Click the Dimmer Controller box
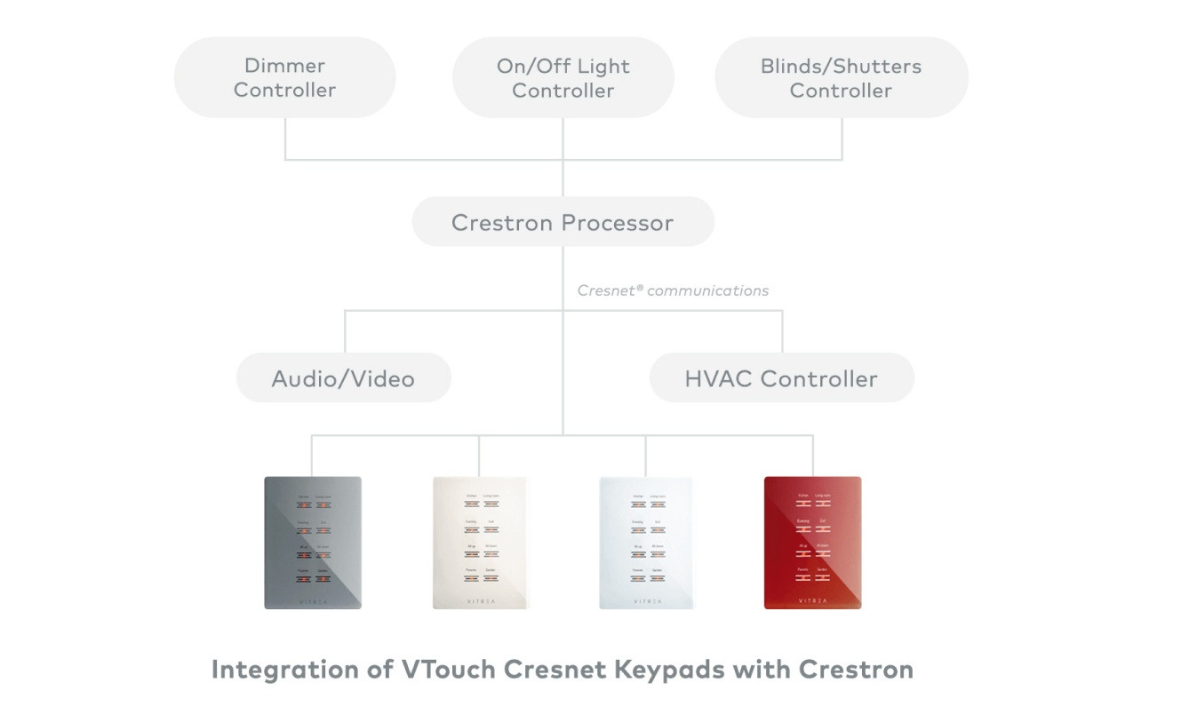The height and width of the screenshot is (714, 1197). [284, 77]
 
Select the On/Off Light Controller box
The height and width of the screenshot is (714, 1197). [563, 78]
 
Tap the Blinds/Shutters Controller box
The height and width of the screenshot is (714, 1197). [841, 78]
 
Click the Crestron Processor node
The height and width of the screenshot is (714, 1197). [563, 222]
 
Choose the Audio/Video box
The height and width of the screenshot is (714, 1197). [343, 378]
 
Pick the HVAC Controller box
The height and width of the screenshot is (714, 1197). [781, 378]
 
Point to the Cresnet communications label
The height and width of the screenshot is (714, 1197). [673, 290]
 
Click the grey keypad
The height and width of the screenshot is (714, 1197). [313, 543]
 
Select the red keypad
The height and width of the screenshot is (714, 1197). [812, 543]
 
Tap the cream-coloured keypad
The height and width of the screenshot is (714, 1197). [480, 543]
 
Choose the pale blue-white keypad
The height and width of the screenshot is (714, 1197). [646, 543]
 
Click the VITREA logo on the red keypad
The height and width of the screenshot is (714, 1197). [812, 600]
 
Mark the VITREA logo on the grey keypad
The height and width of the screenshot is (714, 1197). [313, 600]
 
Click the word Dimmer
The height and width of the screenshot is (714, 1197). [284, 66]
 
